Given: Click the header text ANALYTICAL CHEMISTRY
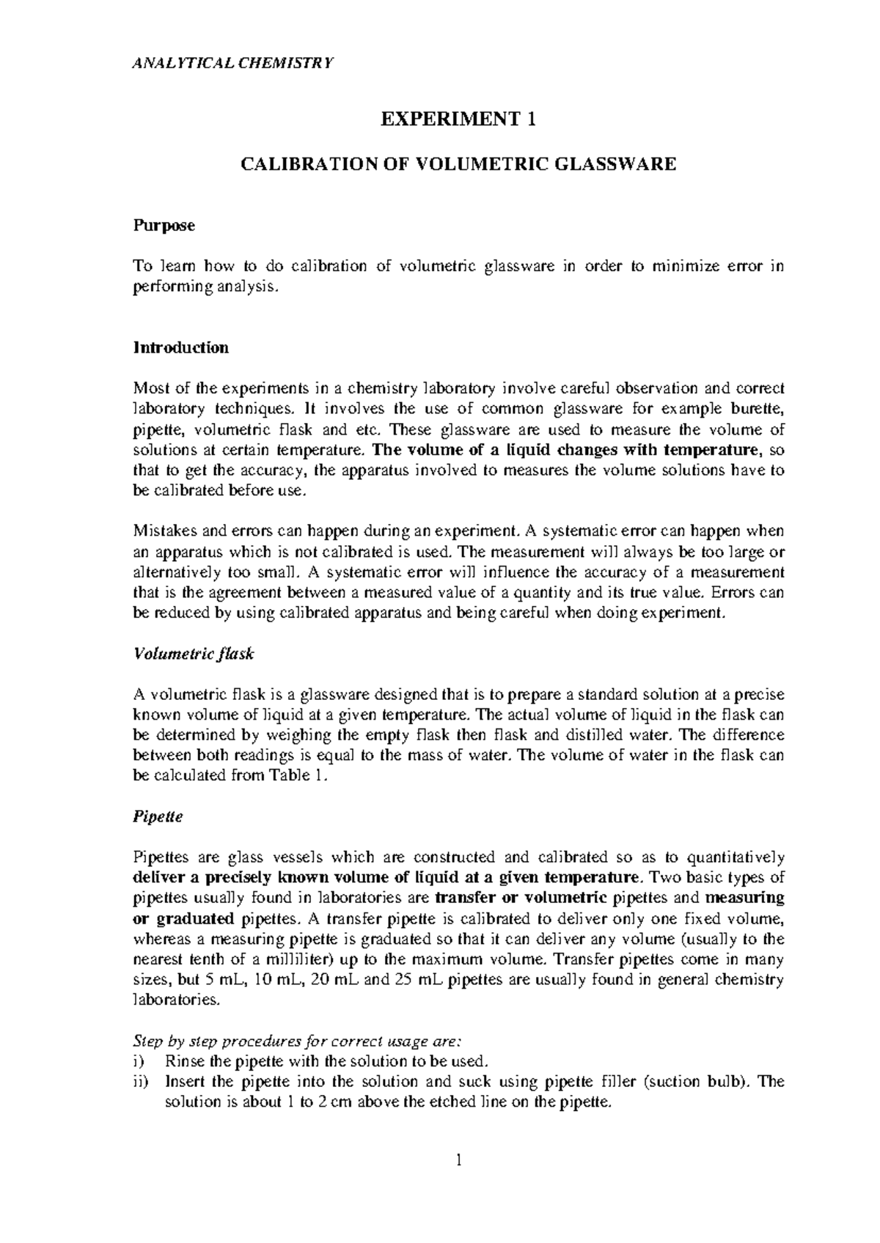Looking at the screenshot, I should click(232, 62).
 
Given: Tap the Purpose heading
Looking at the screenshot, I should click(164, 226).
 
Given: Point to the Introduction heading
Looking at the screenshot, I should click(180, 347).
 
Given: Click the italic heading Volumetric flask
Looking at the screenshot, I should click(193, 654).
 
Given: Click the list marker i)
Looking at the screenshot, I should click(139, 1061).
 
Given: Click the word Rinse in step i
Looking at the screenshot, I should click(183, 1061).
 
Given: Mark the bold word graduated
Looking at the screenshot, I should click(200, 918).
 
